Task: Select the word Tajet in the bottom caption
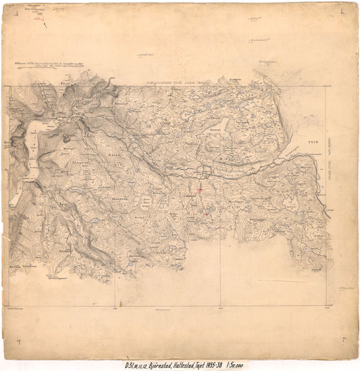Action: (x=206, y=363)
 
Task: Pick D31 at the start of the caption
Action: (x=124, y=363)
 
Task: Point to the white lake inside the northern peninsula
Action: (x=222, y=123)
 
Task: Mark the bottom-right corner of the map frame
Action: (x=327, y=304)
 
